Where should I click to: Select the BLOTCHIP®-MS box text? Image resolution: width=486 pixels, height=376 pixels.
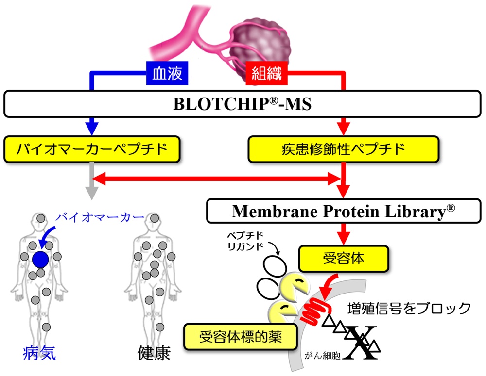[x=242, y=104]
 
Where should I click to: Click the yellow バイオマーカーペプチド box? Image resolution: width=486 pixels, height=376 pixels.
[x=92, y=149]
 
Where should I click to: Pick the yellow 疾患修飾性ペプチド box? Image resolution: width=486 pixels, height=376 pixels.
[x=344, y=149]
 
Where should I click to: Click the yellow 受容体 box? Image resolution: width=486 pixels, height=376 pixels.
[x=343, y=259]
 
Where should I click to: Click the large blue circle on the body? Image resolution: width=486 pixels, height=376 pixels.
[x=40, y=260]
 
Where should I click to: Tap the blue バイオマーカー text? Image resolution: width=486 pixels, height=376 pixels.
[x=93, y=217]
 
